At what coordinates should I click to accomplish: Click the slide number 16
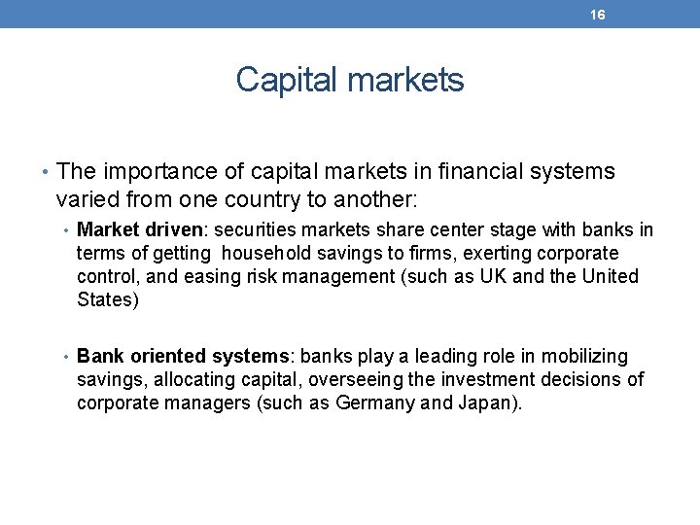pos(598,15)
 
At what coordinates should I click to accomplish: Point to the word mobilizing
pos(584,357)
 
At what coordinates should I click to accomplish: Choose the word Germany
pos(374,403)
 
